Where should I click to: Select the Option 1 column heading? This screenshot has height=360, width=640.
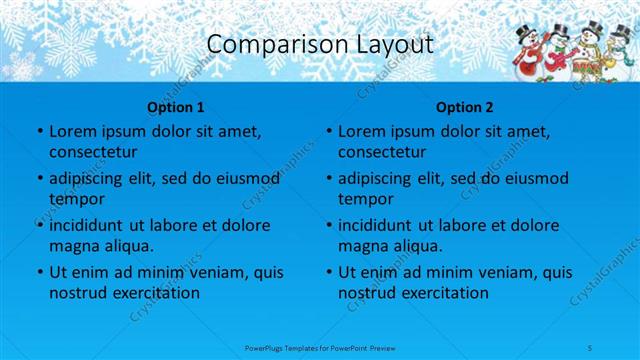pos(175,105)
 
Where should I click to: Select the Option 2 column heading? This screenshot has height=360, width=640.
pos(465,105)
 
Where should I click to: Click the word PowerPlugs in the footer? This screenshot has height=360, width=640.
pos(265,346)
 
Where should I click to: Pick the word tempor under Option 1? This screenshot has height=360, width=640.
pos(75,198)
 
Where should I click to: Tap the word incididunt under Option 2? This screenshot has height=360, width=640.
pos(376,226)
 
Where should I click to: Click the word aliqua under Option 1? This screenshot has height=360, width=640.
pos(126,246)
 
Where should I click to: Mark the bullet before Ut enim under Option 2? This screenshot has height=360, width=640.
pos(329,273)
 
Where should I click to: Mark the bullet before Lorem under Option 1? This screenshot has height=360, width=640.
pos(39,132)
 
